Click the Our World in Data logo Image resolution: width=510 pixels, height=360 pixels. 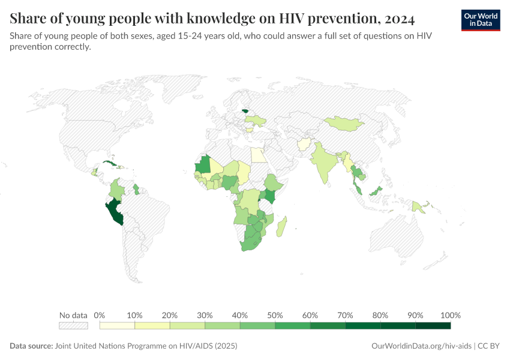[x=481, y=20]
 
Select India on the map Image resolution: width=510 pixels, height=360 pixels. [x=325, y=163]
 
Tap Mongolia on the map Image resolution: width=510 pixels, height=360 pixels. [x=344, y=122]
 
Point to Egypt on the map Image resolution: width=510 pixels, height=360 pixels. [x=258, y=155]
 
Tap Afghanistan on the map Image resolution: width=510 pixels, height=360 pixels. [x=304, y=145]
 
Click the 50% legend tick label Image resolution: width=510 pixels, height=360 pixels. [x=275, y=316]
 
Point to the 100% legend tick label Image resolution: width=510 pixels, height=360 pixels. [x=450, y=316]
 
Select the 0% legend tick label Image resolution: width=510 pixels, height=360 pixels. [x=100, y=316]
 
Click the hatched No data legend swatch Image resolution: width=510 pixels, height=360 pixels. [x=73, y=326]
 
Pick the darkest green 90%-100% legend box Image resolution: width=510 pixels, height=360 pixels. [x=433, y=326]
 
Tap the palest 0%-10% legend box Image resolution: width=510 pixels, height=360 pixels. [x=117, y=326]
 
